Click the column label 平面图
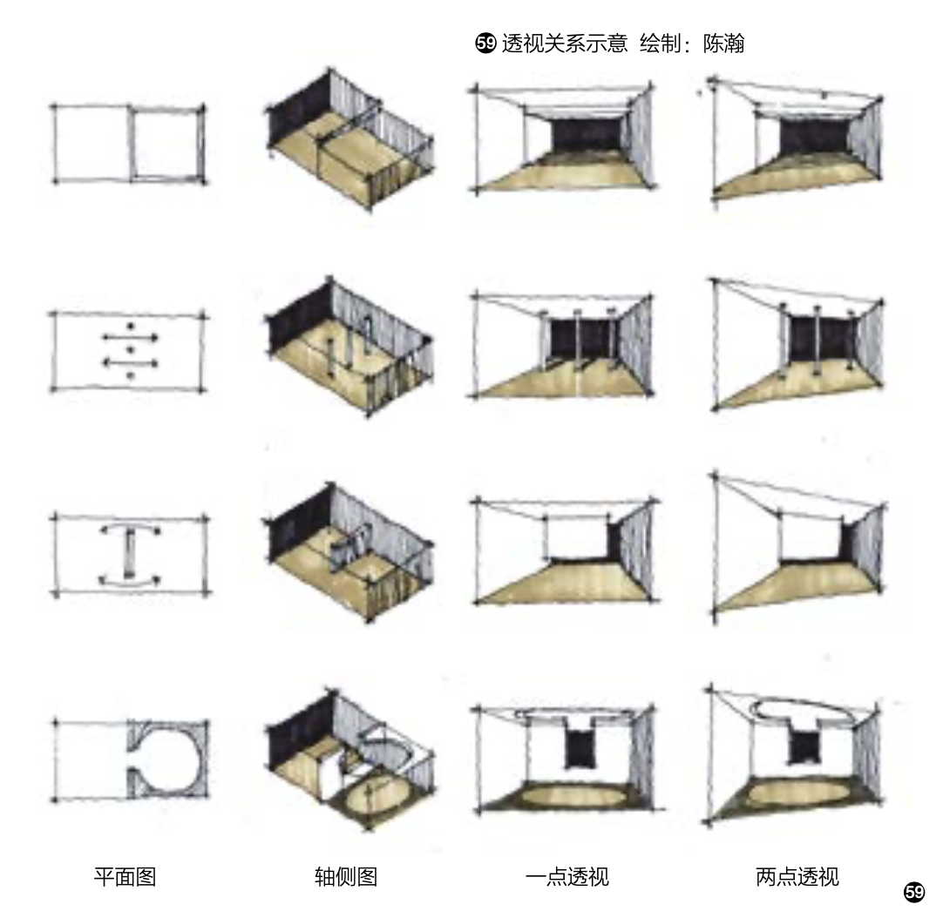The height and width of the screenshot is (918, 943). tap(125, 876)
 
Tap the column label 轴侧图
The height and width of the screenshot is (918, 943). tap(346, 876)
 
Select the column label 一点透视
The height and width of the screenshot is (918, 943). tap(566, 876)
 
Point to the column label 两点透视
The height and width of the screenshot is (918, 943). tap(797, 876)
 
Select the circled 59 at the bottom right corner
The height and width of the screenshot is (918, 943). tap(913, 891)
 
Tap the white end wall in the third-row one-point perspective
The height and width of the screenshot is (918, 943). tap(574, 537)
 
